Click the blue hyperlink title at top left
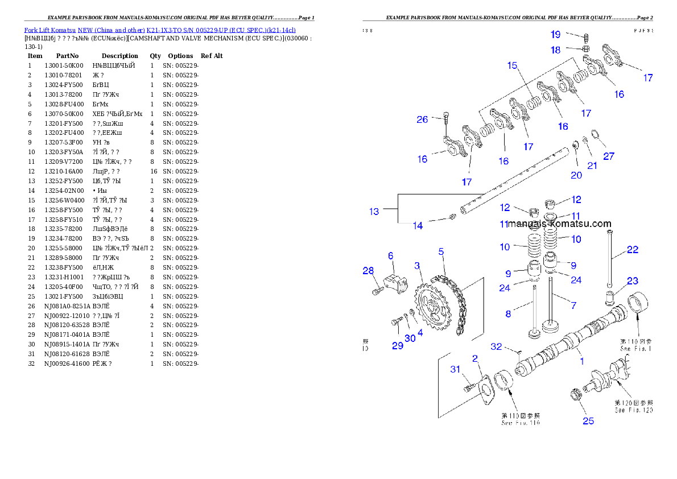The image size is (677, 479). pos(159,30)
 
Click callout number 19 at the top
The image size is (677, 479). pos(555,35)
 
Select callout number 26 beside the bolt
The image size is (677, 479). pos(422,119)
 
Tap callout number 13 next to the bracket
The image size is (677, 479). pos(374,212)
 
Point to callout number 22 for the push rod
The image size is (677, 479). pos(633,250)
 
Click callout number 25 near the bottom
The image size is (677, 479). pos(588,421)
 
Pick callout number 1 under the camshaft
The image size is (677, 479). pos(581,361)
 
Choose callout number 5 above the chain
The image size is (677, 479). pos(441,251)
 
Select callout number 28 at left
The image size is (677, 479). pos(368,271)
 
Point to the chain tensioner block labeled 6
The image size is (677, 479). pos(394,283)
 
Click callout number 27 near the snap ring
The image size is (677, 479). pos(609,156)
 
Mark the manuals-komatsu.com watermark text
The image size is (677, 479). pos(560,224)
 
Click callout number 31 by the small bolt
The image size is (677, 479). pos(455,370)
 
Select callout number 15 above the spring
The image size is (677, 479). pos(513,66)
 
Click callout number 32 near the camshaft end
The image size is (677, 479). pos(496,346)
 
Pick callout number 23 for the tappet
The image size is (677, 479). pos(633,281)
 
